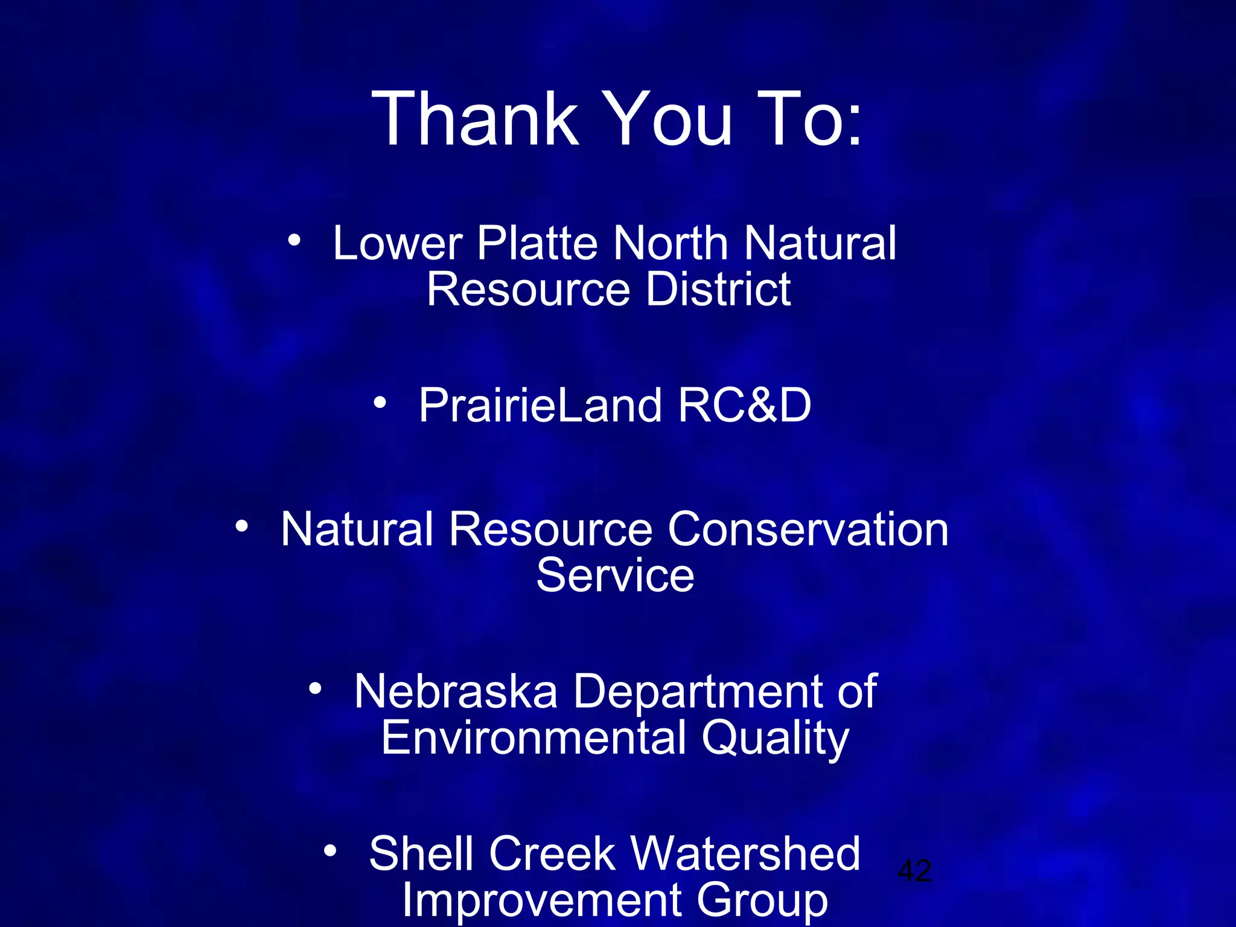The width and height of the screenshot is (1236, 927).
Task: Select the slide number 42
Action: [914, 871]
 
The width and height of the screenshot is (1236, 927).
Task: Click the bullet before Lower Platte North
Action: [294, 240]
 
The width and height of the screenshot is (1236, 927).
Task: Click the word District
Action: [718, 289]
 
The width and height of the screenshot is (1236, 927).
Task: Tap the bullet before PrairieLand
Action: [379, 402]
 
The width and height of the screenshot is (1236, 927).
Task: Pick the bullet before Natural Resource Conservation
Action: [241, 526]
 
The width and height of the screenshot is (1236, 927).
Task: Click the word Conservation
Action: [808, 529]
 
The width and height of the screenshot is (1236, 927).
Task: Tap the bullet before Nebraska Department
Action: [315, 688]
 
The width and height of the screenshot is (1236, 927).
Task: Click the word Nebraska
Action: [456, 692]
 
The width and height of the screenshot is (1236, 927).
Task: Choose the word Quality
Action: [776, 739]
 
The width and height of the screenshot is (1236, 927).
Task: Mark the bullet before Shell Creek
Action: [330, 850]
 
